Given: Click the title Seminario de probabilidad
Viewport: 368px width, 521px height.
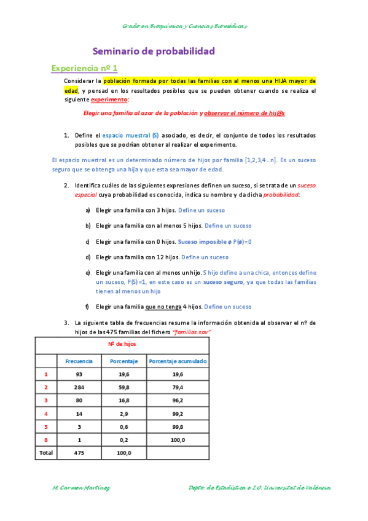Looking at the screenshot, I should pos(154,52).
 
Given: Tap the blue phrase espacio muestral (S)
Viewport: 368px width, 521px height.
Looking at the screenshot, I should pos(127,135).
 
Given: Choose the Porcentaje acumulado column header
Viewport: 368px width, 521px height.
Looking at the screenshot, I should pos(178,361).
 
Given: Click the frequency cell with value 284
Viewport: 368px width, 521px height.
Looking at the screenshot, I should pos(79,387).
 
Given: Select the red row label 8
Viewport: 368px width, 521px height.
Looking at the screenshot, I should pos(46,440).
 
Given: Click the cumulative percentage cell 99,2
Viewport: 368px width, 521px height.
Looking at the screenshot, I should pos(178,413).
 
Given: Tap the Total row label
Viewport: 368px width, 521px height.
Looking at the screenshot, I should pos(46,453).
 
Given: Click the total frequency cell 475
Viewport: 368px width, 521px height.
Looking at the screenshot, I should pos(79,453).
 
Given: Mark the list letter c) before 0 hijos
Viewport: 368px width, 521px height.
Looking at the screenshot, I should pos(88,241).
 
